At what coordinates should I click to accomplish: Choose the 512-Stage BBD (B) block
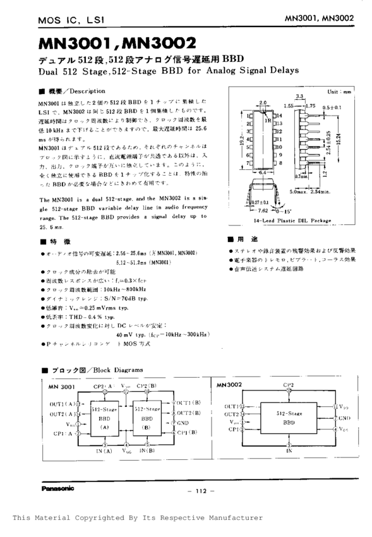tap(147, 418)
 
